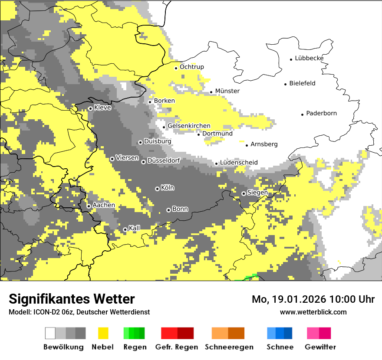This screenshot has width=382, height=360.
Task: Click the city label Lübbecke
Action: click(309, 58)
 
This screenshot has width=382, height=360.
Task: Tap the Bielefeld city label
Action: click(302, 83)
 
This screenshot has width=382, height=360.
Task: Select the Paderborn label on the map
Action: click(321, 113)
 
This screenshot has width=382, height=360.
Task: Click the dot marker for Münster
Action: click(211, 92)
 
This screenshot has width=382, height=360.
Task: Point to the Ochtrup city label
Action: click(191, 67)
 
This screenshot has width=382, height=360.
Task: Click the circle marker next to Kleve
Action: click(90, 108)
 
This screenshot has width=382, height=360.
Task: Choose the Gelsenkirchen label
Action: click(189, 126)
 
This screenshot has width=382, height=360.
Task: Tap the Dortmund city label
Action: click(217, 134)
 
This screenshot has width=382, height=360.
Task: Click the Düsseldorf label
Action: click(164, 160)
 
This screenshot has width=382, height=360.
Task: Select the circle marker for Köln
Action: click(157, 189)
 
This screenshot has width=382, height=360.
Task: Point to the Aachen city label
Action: click(104, 205)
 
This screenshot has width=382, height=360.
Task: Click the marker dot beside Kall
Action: click(125, 229)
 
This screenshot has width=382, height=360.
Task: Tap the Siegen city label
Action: click(257, 192)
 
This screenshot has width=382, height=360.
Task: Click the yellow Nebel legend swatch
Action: click(103, 333)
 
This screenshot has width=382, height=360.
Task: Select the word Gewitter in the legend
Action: click(320, 347)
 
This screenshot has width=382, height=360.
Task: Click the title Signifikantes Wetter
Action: click(72, 299)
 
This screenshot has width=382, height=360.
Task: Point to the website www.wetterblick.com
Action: click(313, 312)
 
